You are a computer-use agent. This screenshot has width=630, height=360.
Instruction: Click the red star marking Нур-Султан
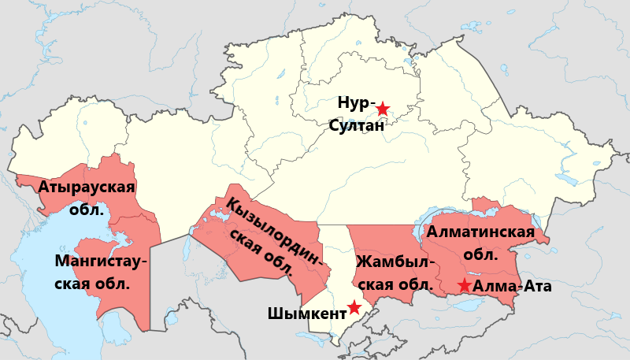tap(382, 109)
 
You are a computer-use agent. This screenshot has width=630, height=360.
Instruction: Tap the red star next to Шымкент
tap(354, 306)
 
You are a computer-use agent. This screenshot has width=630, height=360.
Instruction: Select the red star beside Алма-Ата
tap(465, 285)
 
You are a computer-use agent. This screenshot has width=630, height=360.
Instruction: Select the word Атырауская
tap(87, 187)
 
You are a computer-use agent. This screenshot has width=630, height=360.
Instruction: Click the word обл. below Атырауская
tap(87, 210)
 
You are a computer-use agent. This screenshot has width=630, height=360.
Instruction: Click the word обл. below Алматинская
tap(480, 254)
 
